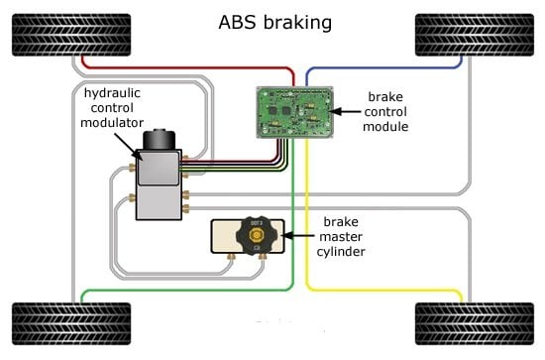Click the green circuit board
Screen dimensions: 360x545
(292, 109)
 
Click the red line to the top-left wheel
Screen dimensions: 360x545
(188, 68)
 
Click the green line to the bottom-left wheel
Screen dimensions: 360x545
(168, 290)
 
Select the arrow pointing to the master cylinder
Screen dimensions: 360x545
(301, 236)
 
